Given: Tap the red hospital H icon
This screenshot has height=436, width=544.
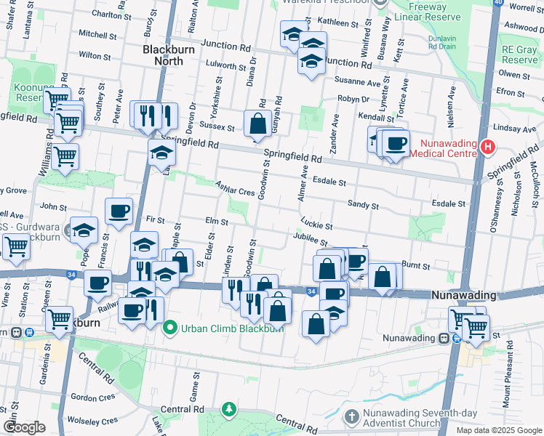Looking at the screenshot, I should [487, 147].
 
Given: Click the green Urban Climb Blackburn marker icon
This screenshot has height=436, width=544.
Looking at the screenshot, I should [170, 328].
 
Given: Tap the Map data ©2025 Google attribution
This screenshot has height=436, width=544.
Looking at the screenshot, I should [499, 430].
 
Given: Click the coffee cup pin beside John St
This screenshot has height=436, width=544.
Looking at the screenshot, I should [119, 211].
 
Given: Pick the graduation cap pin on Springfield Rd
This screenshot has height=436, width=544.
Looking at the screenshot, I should [161, 153].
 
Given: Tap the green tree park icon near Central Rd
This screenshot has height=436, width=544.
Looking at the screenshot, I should [229, 411].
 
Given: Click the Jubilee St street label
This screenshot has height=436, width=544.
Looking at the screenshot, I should [311, 239].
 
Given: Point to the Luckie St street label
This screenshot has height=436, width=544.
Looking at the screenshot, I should [316, 224].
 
